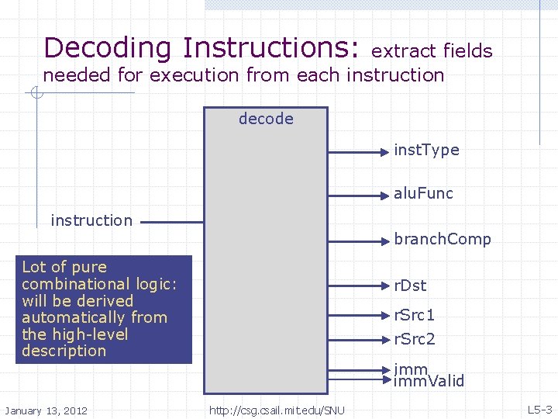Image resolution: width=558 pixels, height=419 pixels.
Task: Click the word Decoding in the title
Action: [x=108, y=48]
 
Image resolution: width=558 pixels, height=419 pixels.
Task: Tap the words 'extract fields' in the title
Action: [x=432, y=51]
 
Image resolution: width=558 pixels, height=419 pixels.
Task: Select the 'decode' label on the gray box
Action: [x=266, y=119]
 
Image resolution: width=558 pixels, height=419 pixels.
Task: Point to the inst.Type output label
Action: [x=426, y=150]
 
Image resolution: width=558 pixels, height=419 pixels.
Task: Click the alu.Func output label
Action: [x=423, y=193]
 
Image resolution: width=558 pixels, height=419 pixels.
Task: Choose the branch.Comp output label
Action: [x=443, y=239]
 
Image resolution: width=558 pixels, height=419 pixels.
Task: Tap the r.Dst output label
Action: [x=410, y=286]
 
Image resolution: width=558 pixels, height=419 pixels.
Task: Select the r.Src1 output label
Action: [x=415, y=315]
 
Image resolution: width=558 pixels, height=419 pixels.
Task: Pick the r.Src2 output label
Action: [x=415, y=339]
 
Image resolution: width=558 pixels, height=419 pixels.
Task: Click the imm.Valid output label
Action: [x=429, y=381]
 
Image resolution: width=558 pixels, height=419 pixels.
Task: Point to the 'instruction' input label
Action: [x=91, y=220]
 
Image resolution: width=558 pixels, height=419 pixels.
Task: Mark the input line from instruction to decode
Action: [x=170, y=222]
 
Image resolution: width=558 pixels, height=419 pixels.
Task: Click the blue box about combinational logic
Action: [x=104, y=309]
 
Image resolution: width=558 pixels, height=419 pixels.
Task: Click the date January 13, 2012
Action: [x=46, y=410]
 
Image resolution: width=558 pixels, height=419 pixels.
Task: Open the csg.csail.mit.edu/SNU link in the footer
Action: [x=277, y=410]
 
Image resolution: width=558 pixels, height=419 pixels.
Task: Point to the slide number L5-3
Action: [x=539, y=410]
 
